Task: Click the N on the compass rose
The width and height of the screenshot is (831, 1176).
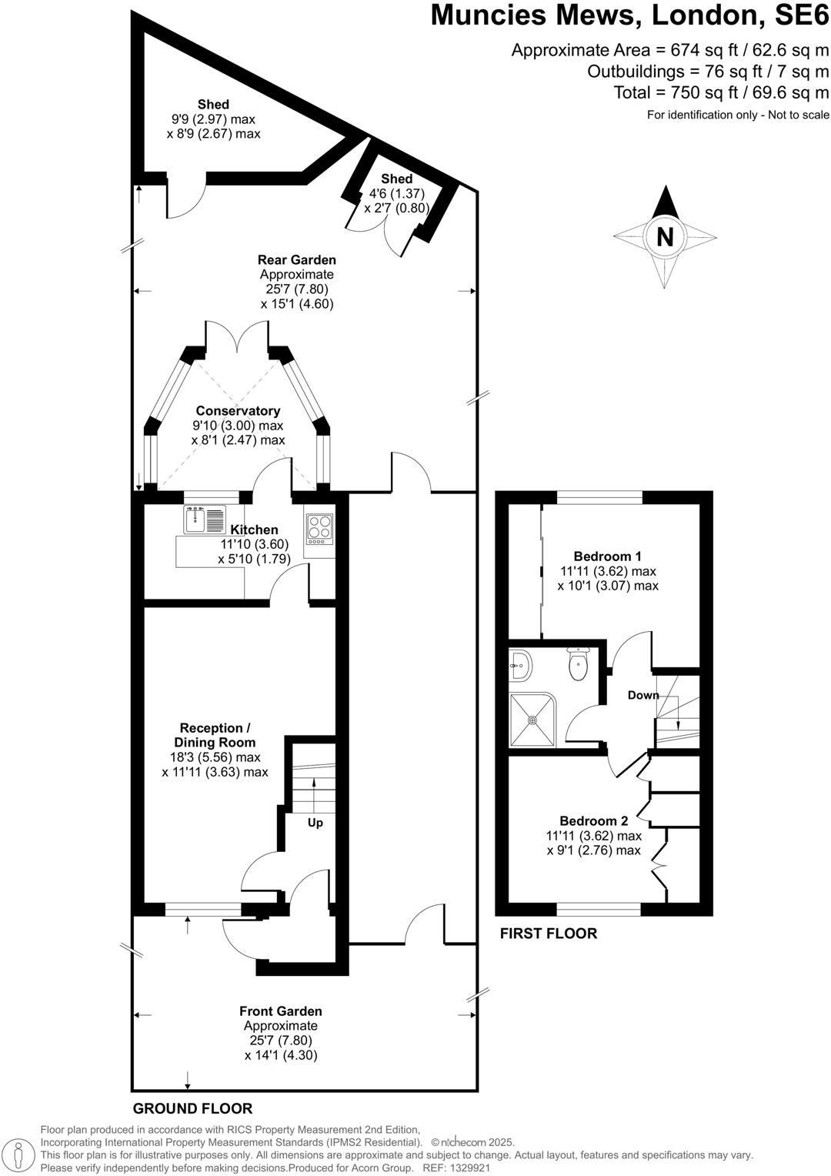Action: click(x=665, y=237)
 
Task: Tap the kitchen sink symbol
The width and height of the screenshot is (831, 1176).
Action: click(x=205, y=520)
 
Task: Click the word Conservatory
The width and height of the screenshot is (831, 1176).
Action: click(x=238, y=411)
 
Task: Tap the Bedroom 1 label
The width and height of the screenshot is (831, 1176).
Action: click(x=608, y=556)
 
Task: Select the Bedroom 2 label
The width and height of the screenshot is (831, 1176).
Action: click(x=594, y=821)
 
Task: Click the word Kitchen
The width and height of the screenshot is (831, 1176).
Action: click(x=255, y=530)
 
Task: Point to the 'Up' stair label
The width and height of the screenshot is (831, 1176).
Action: click(x=315, y=823)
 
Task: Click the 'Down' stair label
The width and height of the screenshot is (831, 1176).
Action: click(x=643, y=695)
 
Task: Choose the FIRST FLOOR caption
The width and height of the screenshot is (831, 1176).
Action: click(x=549, y=934)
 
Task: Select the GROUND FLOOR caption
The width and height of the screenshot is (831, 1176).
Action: click(x=192, y=1109)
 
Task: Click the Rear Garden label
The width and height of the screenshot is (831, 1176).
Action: click(x=297, y=260)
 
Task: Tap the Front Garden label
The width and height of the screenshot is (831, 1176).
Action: click(x=281, y=1011)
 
